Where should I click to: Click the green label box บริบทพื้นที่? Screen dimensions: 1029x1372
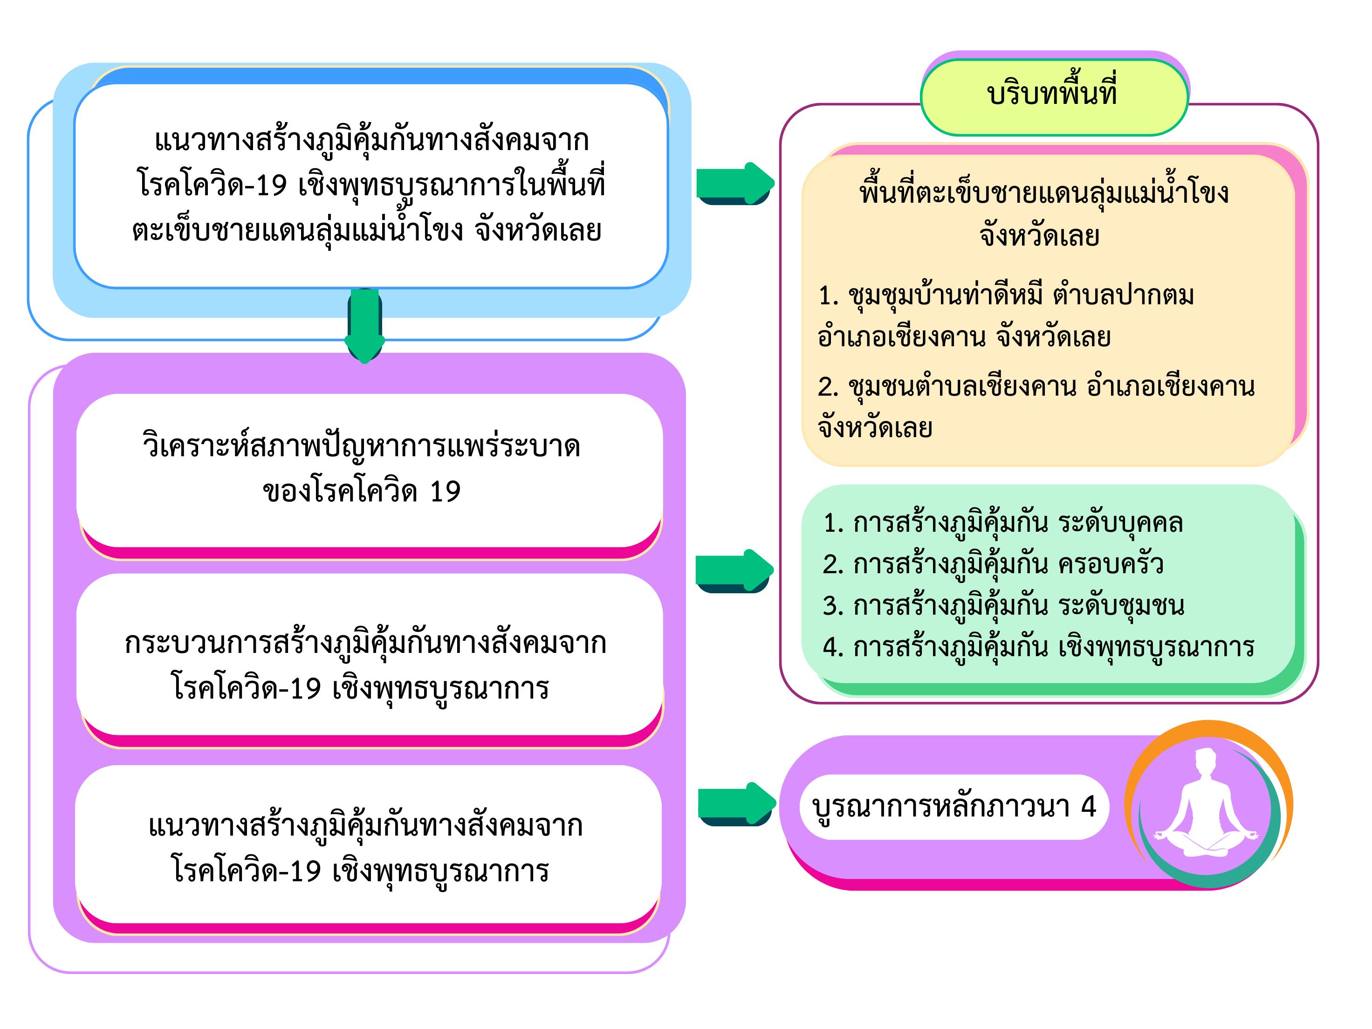(1053, 97)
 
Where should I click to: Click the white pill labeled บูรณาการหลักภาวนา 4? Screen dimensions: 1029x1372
(954, 807)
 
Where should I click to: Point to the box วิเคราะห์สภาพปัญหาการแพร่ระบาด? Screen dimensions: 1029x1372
(369, 470)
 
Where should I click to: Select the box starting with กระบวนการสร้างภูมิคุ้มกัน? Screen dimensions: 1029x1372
(369, 665)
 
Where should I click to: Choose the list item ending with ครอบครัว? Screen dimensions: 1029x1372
(992, 564)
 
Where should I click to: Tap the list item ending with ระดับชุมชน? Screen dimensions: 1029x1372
(1003, 605)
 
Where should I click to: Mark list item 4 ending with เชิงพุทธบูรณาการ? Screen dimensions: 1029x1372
(1038, 647)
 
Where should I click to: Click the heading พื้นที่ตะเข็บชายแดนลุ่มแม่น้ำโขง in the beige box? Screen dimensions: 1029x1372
(1043, 192)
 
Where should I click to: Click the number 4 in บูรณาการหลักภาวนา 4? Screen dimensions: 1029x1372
(1089, 806)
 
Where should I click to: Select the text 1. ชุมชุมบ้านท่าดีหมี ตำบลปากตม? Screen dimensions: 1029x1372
(1005, 295)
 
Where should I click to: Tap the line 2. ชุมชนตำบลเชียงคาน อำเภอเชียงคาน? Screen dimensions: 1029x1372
(1036, 386)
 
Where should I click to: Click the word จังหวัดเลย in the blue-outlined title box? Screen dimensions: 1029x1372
(538, 231)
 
